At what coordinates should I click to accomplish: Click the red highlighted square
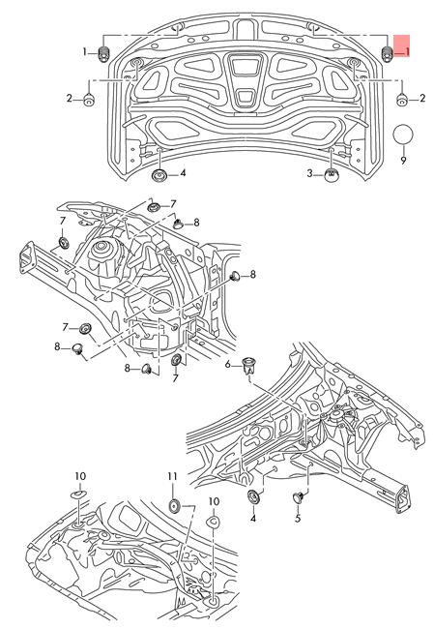(x=402, y=45)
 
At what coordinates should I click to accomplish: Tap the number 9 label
(x=403, y=160)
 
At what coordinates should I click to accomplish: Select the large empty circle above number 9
(x=403, y=135)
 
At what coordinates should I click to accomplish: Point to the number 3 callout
(x=309, y=173)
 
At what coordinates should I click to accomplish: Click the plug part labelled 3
(x=331, y=175)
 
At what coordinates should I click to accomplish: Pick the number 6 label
(x=227, y=364)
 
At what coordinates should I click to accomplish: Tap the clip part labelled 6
(x=249, y=365)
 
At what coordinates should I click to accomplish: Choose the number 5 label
(x=298, y=519)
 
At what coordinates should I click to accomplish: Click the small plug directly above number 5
(x=298, y=497)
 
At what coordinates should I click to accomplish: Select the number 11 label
(x=172, y=476)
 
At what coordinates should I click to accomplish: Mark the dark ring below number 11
(x=175, y=505)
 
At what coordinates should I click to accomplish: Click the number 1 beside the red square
(x=407, y=51)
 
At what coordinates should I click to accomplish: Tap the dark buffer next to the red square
(x=387, y=54)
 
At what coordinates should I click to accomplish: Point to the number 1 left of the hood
(x=84, y=51)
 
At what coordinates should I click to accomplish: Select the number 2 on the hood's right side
(x=422, y=98)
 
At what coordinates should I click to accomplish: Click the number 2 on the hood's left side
(x=69, y=98)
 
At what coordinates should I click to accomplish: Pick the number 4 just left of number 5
(x=253, y=519)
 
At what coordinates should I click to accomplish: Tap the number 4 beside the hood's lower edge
(x=183, y=173)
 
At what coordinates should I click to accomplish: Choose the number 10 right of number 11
(x=214, y=501)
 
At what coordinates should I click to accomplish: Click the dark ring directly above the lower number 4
(x=253, y=496)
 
